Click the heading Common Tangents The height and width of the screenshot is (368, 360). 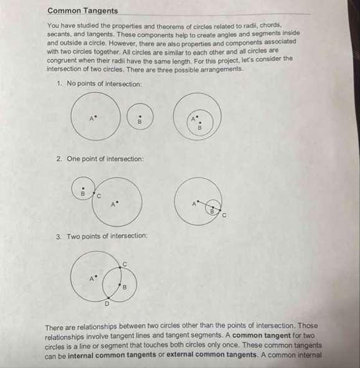click(82, 10)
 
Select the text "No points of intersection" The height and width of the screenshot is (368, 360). click(104, 83)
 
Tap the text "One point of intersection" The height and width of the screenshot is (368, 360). click(105, 159)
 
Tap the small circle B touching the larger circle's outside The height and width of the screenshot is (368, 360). click(82, 189)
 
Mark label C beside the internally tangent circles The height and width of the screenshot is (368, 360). click(224, 215)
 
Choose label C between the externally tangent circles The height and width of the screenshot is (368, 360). click(98, 196)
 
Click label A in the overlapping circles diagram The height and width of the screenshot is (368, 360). click(92, 277)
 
